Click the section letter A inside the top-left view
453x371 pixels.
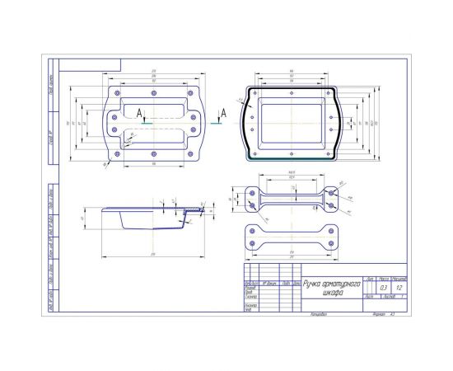pos(140,111)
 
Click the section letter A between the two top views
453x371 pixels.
pos(222,111)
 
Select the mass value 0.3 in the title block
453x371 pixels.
pos(385,288)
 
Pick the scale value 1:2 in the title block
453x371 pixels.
pos(399,288)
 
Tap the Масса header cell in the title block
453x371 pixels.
pos(385,279)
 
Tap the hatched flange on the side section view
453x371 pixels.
pos(194,211)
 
